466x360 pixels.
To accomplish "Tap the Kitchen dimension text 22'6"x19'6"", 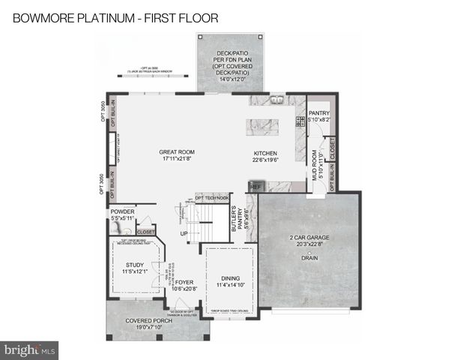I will click(x=265, y=160).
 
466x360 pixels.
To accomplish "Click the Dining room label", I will click(x=230, y=278).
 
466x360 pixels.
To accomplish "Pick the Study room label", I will click(x=135, y=265).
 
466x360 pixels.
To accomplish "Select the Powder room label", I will click(x=121, y=211).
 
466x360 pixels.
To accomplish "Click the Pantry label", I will click(x=319, y=112).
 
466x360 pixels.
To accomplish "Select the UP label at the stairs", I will click(x=184, y=233).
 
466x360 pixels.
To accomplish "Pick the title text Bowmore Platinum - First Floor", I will click(x=115, y=17).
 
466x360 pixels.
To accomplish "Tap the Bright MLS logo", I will click(x=30, y=349).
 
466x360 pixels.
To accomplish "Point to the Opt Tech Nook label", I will click(x=211, y=197).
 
